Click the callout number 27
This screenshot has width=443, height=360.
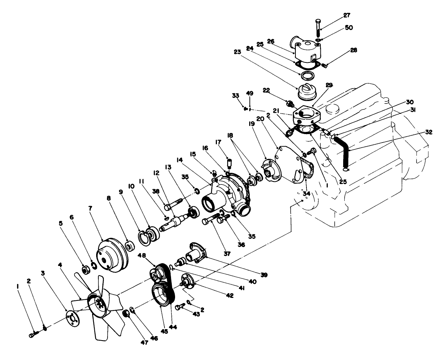pyautogui.click(x=346, y=15)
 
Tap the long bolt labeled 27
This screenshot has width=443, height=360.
pyautogui.click(x=317, y=27)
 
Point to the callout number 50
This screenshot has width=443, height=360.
pyautogui.click(x=349, y=27)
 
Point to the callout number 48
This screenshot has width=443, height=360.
pyautogui.click(x=142, y=255)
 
